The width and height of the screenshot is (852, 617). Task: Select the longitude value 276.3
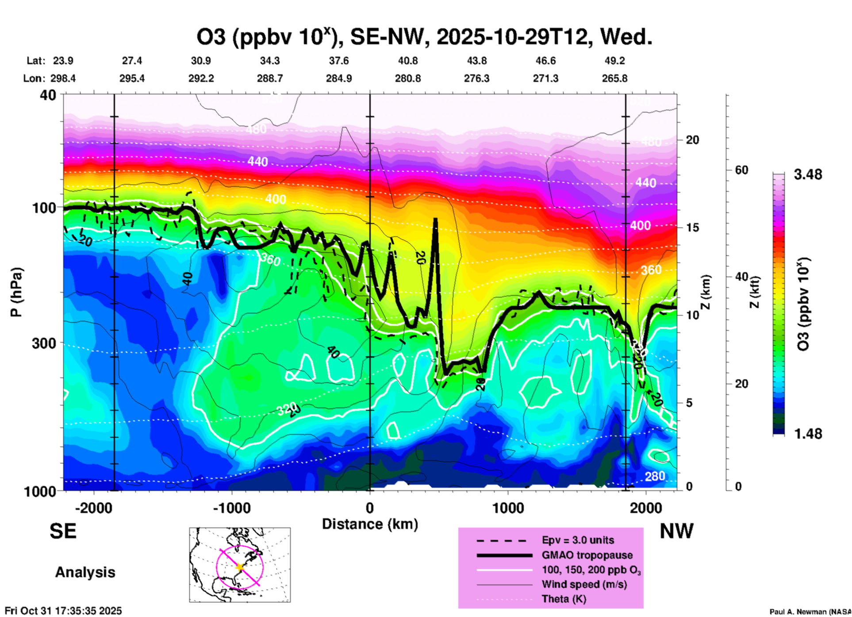476,78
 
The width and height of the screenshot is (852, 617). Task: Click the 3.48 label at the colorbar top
808,174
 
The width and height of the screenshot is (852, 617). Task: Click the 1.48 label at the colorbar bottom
808,433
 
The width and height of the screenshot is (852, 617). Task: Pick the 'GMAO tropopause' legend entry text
587,555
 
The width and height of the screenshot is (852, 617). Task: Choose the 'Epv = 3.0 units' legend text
578,540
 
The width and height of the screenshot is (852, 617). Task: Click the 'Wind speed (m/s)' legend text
584,584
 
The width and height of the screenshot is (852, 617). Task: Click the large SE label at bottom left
63,531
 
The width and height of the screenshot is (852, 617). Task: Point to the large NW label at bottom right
676,531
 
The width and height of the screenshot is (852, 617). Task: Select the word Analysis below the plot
85,572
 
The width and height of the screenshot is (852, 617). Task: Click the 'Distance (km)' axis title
370,524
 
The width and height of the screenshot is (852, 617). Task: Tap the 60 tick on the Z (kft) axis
741,170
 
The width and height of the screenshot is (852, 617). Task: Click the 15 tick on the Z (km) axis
692,227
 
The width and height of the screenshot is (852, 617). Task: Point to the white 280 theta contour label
655,476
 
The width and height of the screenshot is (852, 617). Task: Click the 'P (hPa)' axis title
16,292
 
